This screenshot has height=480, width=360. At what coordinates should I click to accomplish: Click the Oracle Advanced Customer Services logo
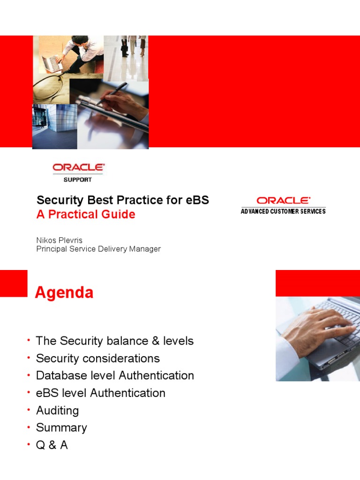283,205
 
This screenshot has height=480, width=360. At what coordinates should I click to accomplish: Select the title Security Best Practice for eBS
123,200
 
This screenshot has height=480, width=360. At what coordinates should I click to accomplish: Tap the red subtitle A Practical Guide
86,214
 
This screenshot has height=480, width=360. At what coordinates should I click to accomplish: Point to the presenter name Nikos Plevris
59,240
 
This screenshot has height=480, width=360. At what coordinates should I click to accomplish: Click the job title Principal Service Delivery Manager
98,249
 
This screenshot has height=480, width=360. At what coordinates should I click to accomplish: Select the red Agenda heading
64,293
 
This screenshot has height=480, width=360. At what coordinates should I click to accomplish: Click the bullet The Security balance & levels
114,341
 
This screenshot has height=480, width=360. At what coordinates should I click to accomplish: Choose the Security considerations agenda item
97,358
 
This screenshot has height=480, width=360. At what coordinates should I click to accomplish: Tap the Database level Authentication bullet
115,375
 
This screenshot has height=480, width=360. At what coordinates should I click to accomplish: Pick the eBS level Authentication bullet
100,393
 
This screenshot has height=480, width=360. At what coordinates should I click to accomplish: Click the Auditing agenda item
57,410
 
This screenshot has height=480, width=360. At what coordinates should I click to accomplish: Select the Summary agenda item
61,427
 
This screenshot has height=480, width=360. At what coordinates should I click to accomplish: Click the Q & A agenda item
52,445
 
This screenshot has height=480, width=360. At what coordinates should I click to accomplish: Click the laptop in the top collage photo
51,63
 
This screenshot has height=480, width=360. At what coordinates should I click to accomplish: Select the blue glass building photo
54,126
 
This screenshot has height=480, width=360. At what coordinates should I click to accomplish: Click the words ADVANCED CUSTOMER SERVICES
283,211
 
